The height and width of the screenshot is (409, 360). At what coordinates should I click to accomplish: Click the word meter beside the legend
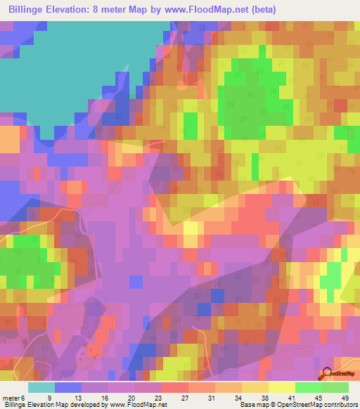point(11,397)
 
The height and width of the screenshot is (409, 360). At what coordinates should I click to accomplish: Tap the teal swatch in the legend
point(41,387)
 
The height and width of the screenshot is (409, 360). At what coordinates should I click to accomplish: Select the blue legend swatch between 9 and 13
point(68,387)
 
